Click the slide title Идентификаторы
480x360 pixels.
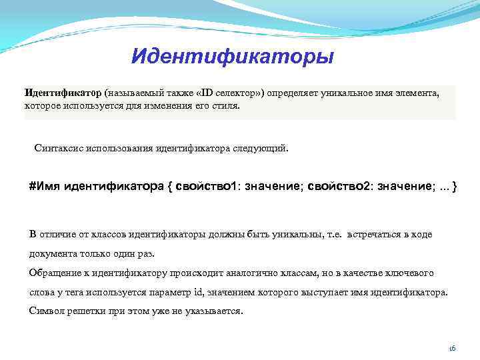click(x=232, y=56)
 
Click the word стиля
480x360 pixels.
click(x=224, y=105)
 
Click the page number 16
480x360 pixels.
click(x=451, y=348)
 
